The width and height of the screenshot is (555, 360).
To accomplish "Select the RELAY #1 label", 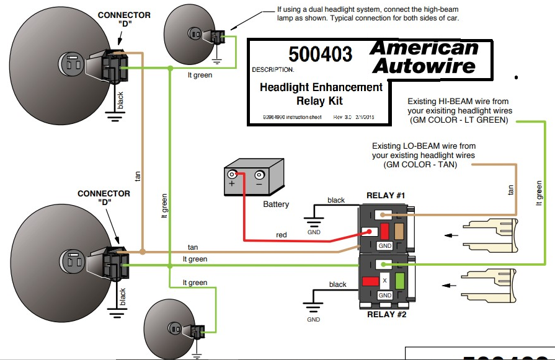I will (x=385, y=196).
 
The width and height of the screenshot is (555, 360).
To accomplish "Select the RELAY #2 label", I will (x=386, y=314).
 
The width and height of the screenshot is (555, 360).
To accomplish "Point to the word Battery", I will (x=276, y=204).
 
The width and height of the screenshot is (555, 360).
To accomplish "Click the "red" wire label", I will (x=282, y=235).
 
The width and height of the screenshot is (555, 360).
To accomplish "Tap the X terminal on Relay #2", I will (x=384, y=281).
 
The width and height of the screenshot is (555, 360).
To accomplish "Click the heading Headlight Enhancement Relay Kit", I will (x=321, y=94).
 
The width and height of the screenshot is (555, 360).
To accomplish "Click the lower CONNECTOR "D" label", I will (x=104, y=198).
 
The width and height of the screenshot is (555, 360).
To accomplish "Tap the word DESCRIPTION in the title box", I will (x=273, y=70).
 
